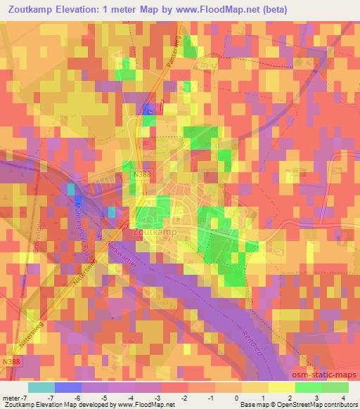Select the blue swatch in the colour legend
click(x=69, y=387)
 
